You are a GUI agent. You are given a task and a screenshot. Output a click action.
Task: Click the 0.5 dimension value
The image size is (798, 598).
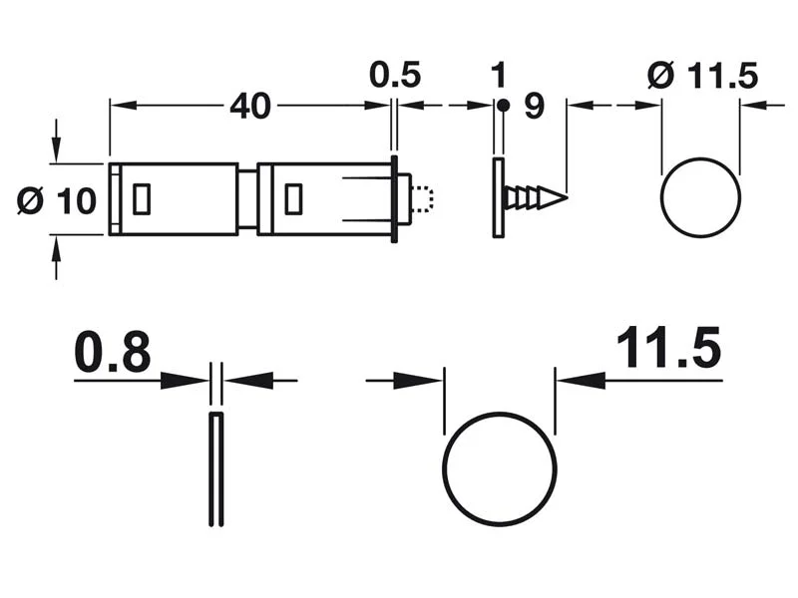click(395, 75)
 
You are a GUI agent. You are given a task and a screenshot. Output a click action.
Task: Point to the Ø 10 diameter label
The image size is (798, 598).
click(56, 200)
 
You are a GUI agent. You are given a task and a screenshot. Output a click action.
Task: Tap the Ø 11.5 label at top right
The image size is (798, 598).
click(702, 76)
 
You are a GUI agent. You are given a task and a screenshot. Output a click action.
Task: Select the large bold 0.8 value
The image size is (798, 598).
click(112, 353)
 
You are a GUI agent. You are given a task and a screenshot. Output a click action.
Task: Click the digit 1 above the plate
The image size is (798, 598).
click(498, 75)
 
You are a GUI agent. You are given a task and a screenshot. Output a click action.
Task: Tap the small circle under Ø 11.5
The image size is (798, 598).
click(700, 197)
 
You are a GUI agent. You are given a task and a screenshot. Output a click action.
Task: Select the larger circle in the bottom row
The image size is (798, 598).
click(499, 468)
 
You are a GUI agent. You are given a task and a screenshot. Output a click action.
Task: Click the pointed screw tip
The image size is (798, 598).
click(562, 197)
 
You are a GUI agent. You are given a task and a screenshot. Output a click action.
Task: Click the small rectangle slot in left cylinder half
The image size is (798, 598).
click(141, 198)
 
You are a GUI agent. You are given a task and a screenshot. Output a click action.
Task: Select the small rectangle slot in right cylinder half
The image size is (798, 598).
click(293, 199)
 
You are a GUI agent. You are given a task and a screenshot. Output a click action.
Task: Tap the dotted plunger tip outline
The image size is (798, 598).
click(423, 198)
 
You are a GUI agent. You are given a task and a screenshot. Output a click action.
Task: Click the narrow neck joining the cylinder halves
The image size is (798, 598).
click(246, 198)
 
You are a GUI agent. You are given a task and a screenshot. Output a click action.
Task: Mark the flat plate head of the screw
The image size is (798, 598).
click(498, 197)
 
